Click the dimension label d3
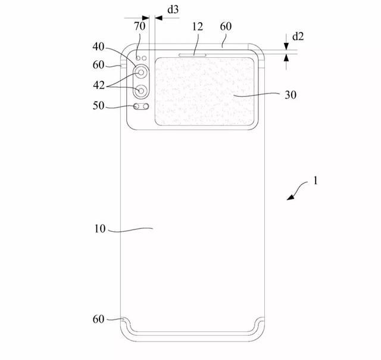coord(173,10)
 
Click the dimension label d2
coord(298,36)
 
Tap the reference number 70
coord(140,26)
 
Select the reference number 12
coord(198,26)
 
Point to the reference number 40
coord(98,46)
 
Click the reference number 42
coord(99,85)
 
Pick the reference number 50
coord(98,105)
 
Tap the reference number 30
coord(291,95)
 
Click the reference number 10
coord(100,229)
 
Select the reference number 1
coord(316,181)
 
